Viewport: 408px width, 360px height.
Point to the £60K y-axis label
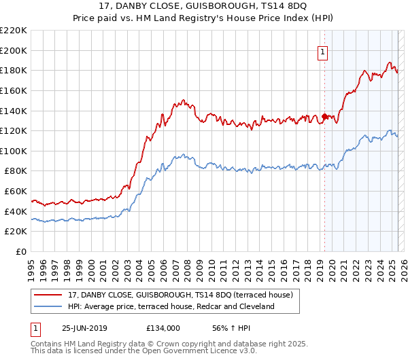(x=16, y=192)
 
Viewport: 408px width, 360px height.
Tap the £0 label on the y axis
(x=22, y=252)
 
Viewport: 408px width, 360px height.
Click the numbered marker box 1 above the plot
(x=323, y=50)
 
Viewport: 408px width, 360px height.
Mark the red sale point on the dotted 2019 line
(x=324, y=116)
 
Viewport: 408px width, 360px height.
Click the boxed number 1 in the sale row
(x=35, y=328)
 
